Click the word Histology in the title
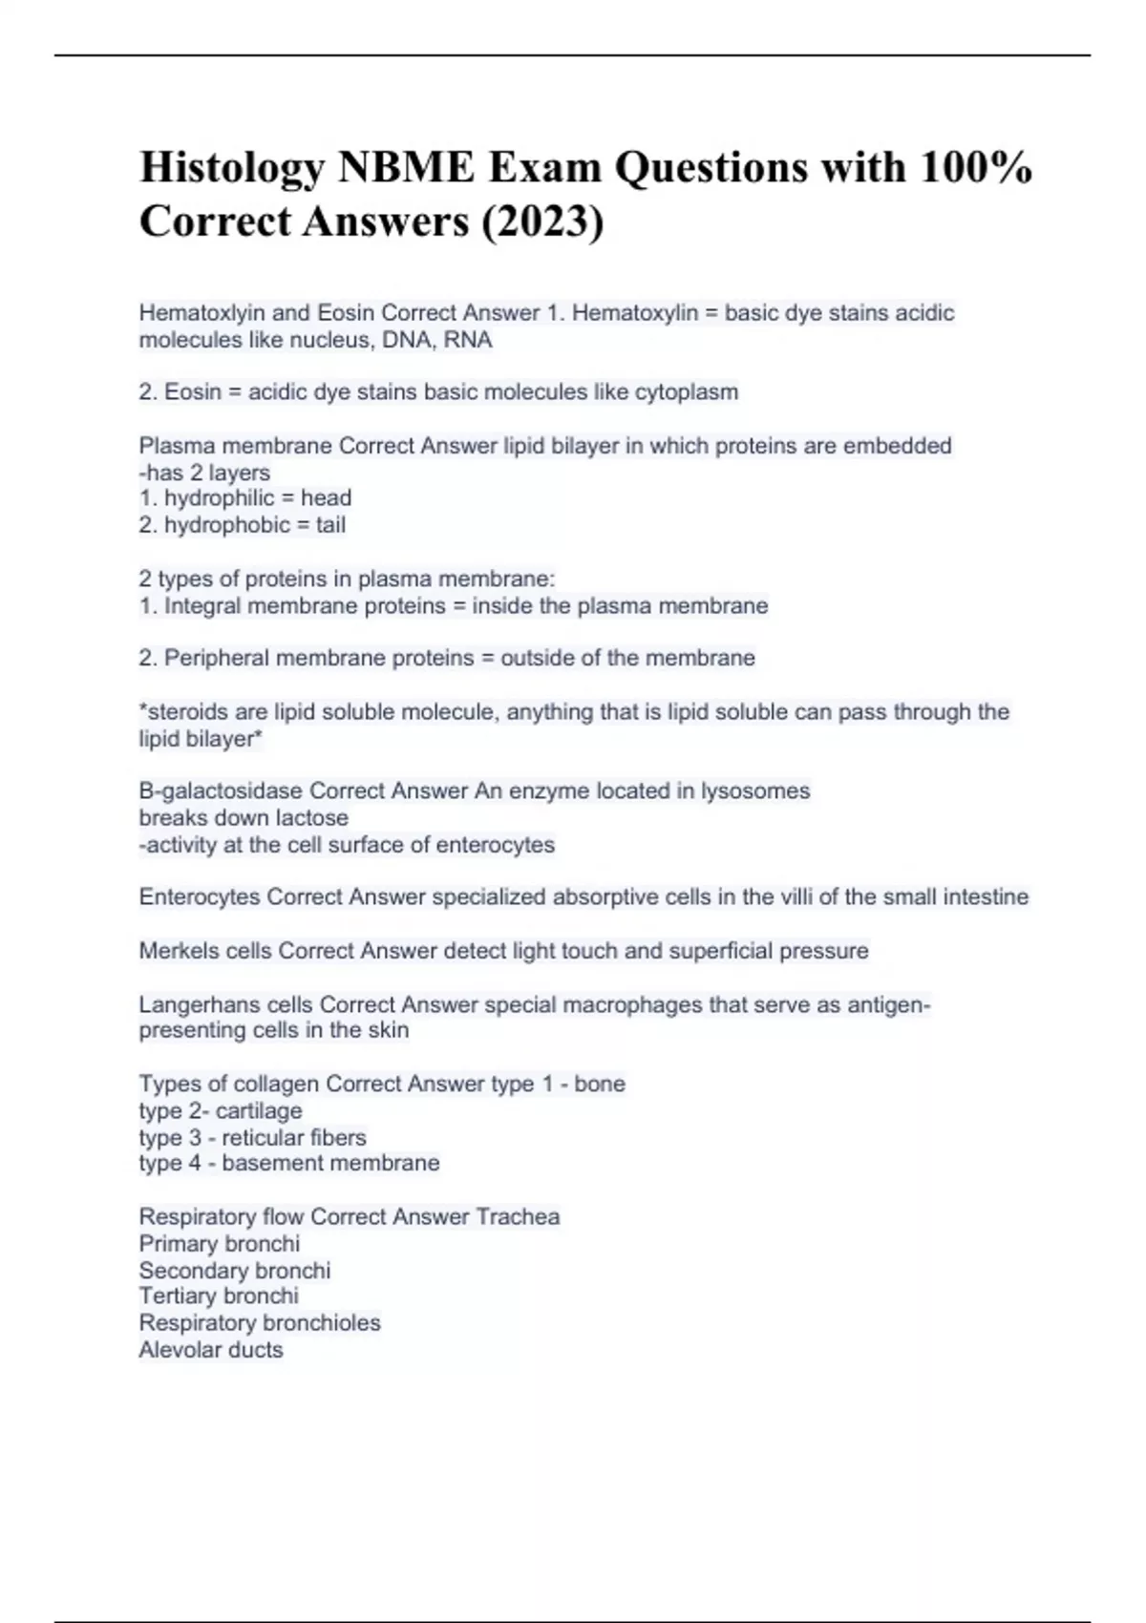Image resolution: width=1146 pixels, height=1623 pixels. [231, 169]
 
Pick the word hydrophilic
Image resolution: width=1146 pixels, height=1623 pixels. [219, 498]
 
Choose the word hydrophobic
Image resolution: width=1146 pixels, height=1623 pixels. [226, 525]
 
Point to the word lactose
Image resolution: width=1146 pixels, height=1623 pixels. [311, 818]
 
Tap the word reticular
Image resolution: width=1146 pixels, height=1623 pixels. [261, 1138]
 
